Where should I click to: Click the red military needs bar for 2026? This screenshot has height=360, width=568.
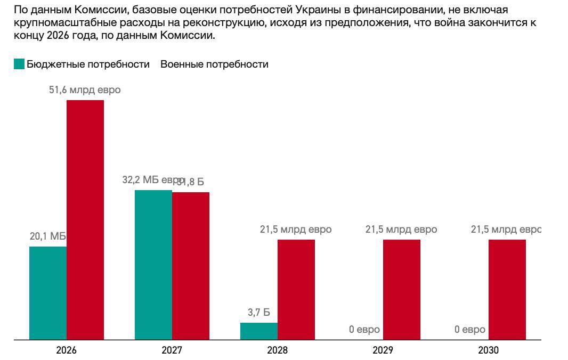click(x=85, y=219)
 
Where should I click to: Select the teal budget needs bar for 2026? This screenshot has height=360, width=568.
click(x=48, y=293)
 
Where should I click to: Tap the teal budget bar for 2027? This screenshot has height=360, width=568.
click(x=153, y=265)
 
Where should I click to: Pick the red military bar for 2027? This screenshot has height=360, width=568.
click(x=191, y=266)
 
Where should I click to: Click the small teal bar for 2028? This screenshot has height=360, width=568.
click(x=259, y=331)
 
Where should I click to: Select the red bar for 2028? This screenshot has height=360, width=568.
click(x=296, y=289)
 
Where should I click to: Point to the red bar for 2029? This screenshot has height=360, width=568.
click(x=402, y=289)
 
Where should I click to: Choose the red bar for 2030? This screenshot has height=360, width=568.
click(x=507, y=289)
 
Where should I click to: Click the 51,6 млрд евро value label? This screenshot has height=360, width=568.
click(x=85, y=90)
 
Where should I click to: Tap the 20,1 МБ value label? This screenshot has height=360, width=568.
click(x=48, y=236)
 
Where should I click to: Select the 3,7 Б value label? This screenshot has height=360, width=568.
click(x=258, y=313)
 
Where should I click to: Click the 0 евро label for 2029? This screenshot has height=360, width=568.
click(x=364, y=330)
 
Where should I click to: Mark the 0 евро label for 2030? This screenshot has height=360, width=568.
click(x=470, y=330)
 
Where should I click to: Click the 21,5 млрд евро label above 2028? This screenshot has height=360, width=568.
click(x=296, y=230)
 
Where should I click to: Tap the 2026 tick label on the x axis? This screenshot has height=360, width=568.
click(x=67, y=350)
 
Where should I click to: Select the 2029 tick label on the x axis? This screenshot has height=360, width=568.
click(x=383, y=350)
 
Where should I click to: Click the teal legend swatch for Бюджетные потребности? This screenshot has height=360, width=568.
click(x=19, y=64)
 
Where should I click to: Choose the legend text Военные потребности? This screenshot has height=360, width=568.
click(x=214, y=64)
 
